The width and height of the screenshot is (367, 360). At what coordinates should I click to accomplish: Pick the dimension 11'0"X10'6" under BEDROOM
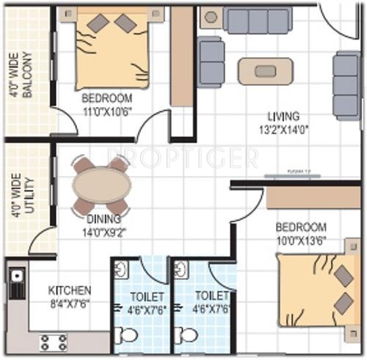pyautogui.click(x=106, y=111)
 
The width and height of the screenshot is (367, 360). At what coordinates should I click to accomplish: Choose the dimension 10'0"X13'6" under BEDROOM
pyautogui.click(x=301, y=240)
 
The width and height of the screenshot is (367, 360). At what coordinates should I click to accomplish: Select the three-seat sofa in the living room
pyautogui.click(x=258, y=21)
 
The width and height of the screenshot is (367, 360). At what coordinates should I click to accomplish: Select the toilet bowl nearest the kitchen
pyautogui.click(x=128, y=336)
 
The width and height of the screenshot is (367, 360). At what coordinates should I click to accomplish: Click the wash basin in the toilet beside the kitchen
pyautogui.click(x=122, y=270)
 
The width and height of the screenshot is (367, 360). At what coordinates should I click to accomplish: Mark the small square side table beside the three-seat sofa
pyautogui.click(x=210, y=17)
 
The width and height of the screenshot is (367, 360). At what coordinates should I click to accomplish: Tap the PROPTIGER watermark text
pyautogui.click(x=183, y=156)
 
